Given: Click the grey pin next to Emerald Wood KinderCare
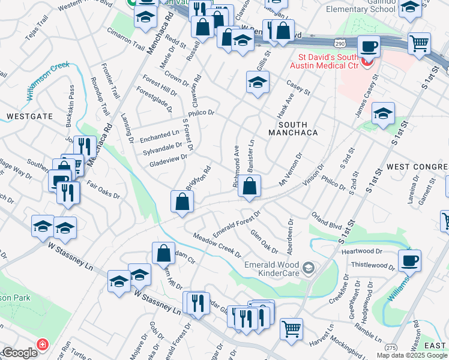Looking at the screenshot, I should (x=309, y=266).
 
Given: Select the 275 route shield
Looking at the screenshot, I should (x=391, y=347).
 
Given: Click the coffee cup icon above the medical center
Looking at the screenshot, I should (x=369, y=47).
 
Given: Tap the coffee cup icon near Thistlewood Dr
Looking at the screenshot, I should (x=409, y=260).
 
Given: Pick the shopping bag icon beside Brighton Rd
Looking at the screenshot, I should (x=182, y=202).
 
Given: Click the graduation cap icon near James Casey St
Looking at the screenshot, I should (x=382, y=113).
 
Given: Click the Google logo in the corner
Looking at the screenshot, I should (x=20, y=353).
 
